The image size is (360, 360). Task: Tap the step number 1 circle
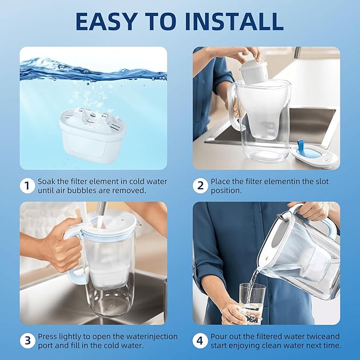27,186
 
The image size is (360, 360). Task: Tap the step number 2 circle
199,186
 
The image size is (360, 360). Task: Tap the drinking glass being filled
252,302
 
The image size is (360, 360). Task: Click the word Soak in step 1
47,181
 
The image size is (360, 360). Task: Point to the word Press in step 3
48,337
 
